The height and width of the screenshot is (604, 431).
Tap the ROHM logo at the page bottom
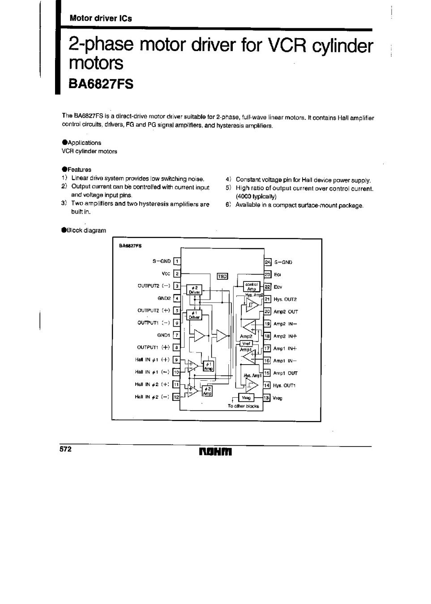click(215, 452)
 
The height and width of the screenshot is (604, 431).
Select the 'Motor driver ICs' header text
click(100, 18)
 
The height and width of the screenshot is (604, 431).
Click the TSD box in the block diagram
click(222, 276)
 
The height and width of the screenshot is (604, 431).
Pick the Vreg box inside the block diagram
click(246, 398)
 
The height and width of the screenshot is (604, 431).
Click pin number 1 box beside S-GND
click(177, 262)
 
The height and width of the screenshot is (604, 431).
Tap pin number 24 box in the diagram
click(268, 262)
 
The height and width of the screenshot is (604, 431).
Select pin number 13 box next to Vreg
click(268, 398)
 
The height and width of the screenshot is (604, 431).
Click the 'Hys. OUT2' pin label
click(285, 299)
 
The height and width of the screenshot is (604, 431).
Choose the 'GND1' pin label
click(163, 335)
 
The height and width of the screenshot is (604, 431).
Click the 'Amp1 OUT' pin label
click(285, 373)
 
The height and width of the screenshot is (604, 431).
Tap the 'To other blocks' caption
click(243, 406)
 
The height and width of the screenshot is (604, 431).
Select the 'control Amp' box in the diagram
click(252, 286)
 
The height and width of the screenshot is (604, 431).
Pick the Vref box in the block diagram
click(247, 344)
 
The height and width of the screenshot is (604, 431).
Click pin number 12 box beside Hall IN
click(176, 397)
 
